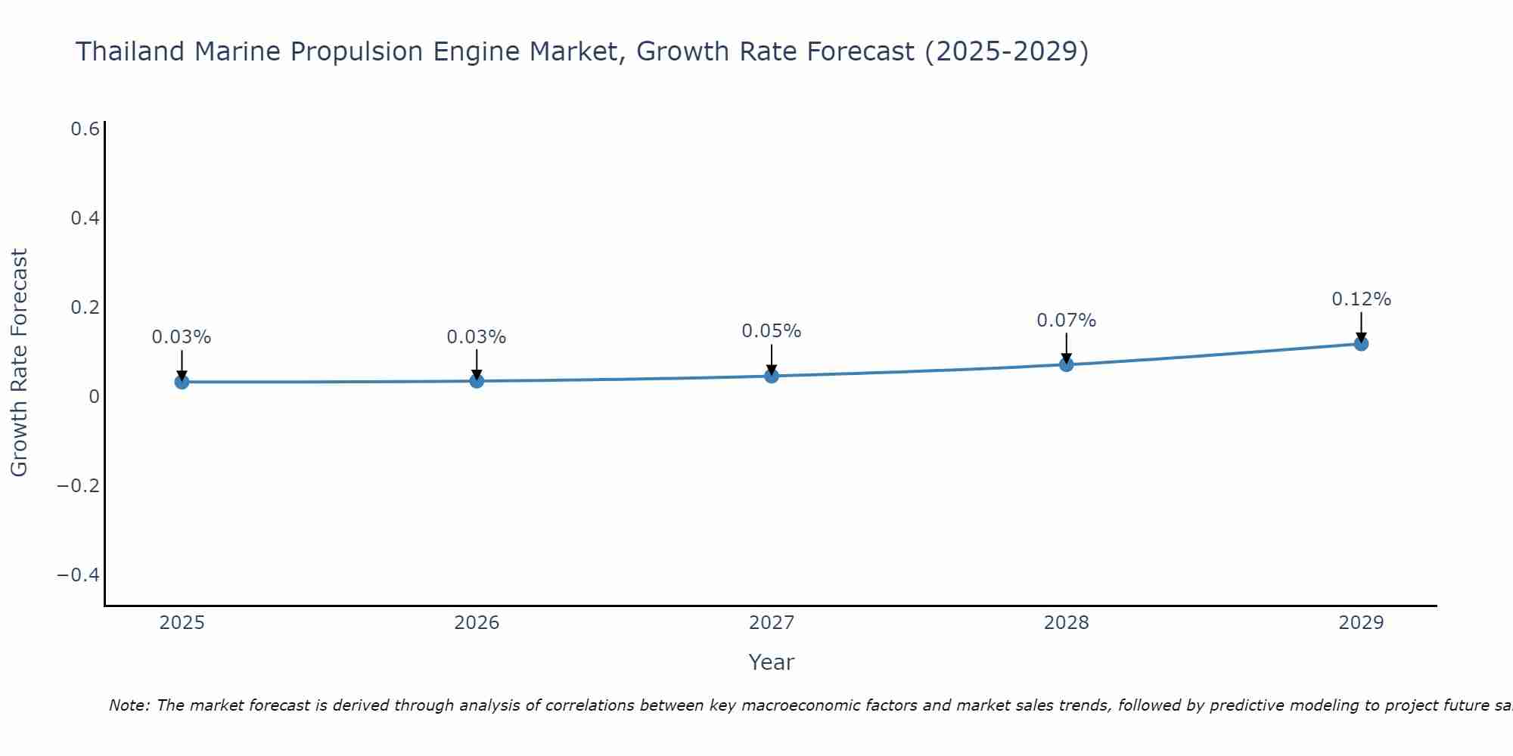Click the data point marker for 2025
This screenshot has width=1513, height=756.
tap(182, 382)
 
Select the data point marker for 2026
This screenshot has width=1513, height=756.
tap(477, 380)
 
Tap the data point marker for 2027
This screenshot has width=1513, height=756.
tap(772, 376)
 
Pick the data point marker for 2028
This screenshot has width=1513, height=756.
tap(1066, 364)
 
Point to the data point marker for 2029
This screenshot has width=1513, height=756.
tap(1361, 344)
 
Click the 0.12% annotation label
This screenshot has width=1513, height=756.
tap(1361, 299)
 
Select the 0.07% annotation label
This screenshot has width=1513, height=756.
tap(1066, 321)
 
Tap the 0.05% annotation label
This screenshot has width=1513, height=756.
tap(771, 331)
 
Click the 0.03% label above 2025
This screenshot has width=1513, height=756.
tap(182, 337)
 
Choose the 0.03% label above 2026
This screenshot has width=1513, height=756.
tap(477, 337)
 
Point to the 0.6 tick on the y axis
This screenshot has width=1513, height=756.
tap(85, 129)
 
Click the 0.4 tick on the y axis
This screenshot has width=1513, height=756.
tap(85, 218)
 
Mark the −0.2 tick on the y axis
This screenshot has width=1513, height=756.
tap(79, 485)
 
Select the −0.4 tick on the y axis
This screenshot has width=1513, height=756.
tap(79, 575)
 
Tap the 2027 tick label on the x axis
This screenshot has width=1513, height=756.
tap(771, 623)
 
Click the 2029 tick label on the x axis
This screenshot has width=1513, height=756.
tap(1361, 623)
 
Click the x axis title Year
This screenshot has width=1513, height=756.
tap(771, 662)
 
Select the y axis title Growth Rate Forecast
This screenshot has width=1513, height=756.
tap(19, 362)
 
